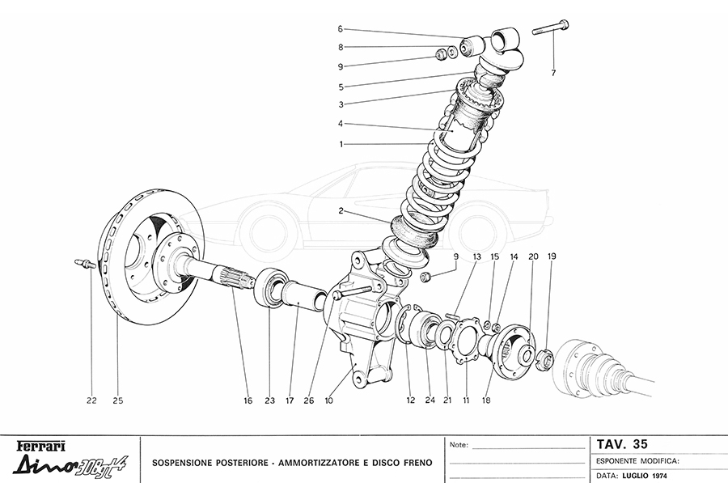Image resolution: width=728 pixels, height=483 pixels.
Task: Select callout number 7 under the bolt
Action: [554, 74]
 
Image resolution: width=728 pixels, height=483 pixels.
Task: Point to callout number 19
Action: [552, 256]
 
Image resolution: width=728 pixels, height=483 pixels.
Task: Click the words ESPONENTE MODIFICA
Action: [637, 460]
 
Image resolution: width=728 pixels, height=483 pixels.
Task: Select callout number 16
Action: [248, 400]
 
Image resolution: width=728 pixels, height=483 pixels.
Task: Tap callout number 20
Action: [533, 256]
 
